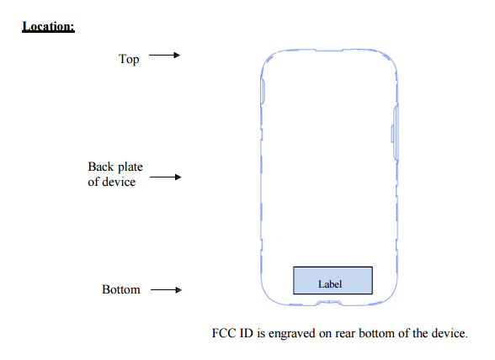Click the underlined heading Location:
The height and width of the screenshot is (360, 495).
pyautogui.click(x=48, y=27)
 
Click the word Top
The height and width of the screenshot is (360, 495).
pyautogui.click(x=129, y=59)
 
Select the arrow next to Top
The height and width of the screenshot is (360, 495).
pyautogui.click(x=164, y=56)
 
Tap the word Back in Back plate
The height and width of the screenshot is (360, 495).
pyautogui.click(x=101, y=167)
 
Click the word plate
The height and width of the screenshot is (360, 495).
pyautogui.click(x=130, y=167)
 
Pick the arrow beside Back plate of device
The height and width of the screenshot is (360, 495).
pyautogui.click(x=166, y=177)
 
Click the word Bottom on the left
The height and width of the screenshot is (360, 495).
pyautogui.click(x=121, y=289)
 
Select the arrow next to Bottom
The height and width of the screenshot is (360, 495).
pyautogui.click(x=167, y=289)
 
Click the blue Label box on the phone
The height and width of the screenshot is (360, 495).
pyautogui.click(x=333, y=280)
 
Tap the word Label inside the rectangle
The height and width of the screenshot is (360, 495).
pyautogui.click(x=330, y=284)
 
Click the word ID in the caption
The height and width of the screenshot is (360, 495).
pyautogui.click(x=247, y=333)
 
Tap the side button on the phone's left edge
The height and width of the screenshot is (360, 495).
pyautogui.click(x=263, y=91)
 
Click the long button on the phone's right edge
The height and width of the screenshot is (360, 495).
pyautogui.click(x=396, y=134)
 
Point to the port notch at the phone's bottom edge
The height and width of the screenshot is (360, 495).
pyautogui.click(x=329, y=303)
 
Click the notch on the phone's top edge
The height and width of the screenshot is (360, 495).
pyautogui.click(x=329, y=50)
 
